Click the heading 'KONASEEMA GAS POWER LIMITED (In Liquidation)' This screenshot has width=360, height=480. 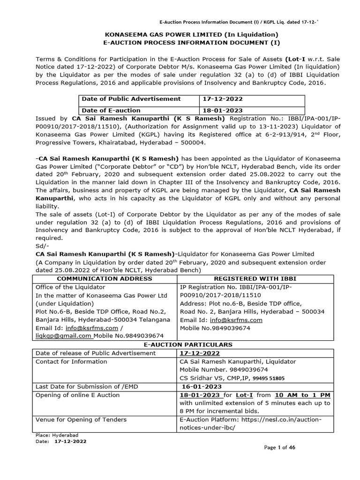pyautogui.click(x=180, y=34)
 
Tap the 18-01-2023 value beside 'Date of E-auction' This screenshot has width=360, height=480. pyautogui.click(x=222, y=110)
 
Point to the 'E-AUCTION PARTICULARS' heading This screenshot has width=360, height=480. pyautogui.click(x=180, y=345)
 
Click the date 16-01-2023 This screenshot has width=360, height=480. pyautogui.click(x=202, y=386)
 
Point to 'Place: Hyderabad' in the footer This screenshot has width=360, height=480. pyautogui.click(x=51, y=435)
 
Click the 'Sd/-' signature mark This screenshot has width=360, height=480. pyautogui.click(x=42, y=246)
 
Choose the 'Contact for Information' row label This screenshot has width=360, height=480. pyautogui.click(x=71, y=361)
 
